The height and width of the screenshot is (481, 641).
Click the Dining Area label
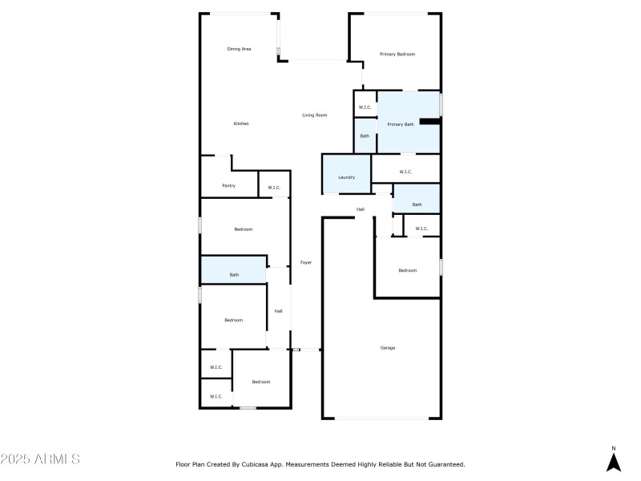[239, 49]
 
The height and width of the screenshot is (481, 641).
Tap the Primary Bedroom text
[397, 54]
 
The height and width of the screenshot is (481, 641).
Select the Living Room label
[314, 115]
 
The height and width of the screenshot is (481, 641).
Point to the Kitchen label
[241, 123]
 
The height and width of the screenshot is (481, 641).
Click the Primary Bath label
[401, 124]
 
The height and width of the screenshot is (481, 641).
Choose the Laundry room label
[346, 177]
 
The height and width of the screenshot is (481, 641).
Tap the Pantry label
[228, 186]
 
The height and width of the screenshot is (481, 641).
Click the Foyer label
[306, 262]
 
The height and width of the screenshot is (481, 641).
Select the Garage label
[387, 348]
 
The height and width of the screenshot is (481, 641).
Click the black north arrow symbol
[614, 463]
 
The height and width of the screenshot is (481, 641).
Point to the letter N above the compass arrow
[614, 448]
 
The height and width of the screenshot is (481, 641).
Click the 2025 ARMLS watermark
[40, 459]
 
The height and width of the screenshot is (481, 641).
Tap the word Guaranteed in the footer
[444, 464]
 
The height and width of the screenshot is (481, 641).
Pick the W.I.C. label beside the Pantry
[274, 188]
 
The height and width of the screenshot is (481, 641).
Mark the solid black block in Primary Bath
[430, 122]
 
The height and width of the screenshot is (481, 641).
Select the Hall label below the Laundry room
[361, 209]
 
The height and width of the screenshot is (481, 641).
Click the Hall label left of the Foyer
[278, 311]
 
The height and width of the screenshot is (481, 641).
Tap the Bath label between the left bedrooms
[234, 275]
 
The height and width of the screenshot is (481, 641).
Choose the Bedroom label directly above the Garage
[408, 270]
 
